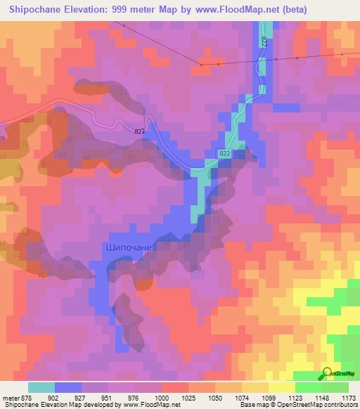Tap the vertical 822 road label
(x=264, y=41)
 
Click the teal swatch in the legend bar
(x=41, y=387)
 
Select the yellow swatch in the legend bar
(x=282, y=387)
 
